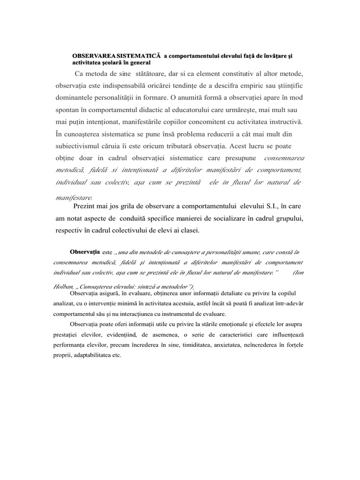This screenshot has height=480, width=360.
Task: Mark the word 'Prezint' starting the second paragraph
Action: coord(86,206)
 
